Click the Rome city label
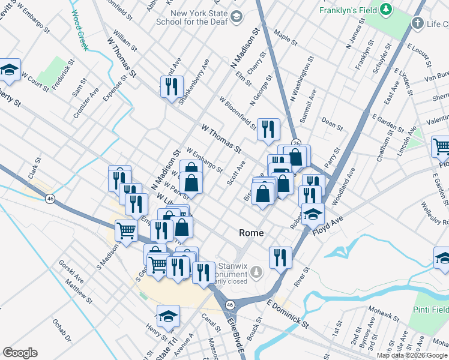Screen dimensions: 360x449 click(x=252, y=233)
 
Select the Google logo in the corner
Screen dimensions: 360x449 click(x=20, y=353)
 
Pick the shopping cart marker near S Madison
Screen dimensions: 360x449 click(x=126, y=230)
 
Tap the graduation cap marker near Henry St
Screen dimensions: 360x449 click(x=169, y=315)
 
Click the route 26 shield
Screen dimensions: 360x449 click(x=296, y=142)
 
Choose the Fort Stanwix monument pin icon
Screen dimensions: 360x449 click(x=257, y=272)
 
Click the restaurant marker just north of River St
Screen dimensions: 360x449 click(x=280, y=257)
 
